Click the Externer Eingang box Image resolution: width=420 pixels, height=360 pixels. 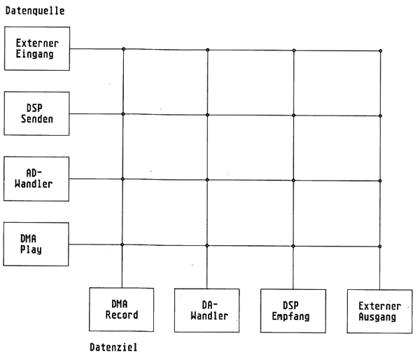click(37, 49)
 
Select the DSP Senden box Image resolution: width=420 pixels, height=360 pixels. click(37, 113)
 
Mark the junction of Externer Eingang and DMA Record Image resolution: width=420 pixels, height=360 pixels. click(124, 49)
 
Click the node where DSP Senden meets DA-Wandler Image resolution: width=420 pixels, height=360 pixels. click(209, 115)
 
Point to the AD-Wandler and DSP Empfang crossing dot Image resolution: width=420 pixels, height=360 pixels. click(294, 180)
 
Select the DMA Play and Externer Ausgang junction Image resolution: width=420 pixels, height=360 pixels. click(380, 246)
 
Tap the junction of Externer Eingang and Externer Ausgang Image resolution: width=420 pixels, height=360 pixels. click(380, 50)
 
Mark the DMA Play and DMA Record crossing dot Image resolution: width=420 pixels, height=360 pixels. click(124, 244)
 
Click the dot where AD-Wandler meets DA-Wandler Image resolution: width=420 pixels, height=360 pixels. click(209, 179)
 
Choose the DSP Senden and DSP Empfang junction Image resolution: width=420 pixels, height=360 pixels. click(294, 116)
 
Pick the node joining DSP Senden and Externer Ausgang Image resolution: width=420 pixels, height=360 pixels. click(380, 116)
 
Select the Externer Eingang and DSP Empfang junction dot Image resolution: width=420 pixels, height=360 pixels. click(294, 50)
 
